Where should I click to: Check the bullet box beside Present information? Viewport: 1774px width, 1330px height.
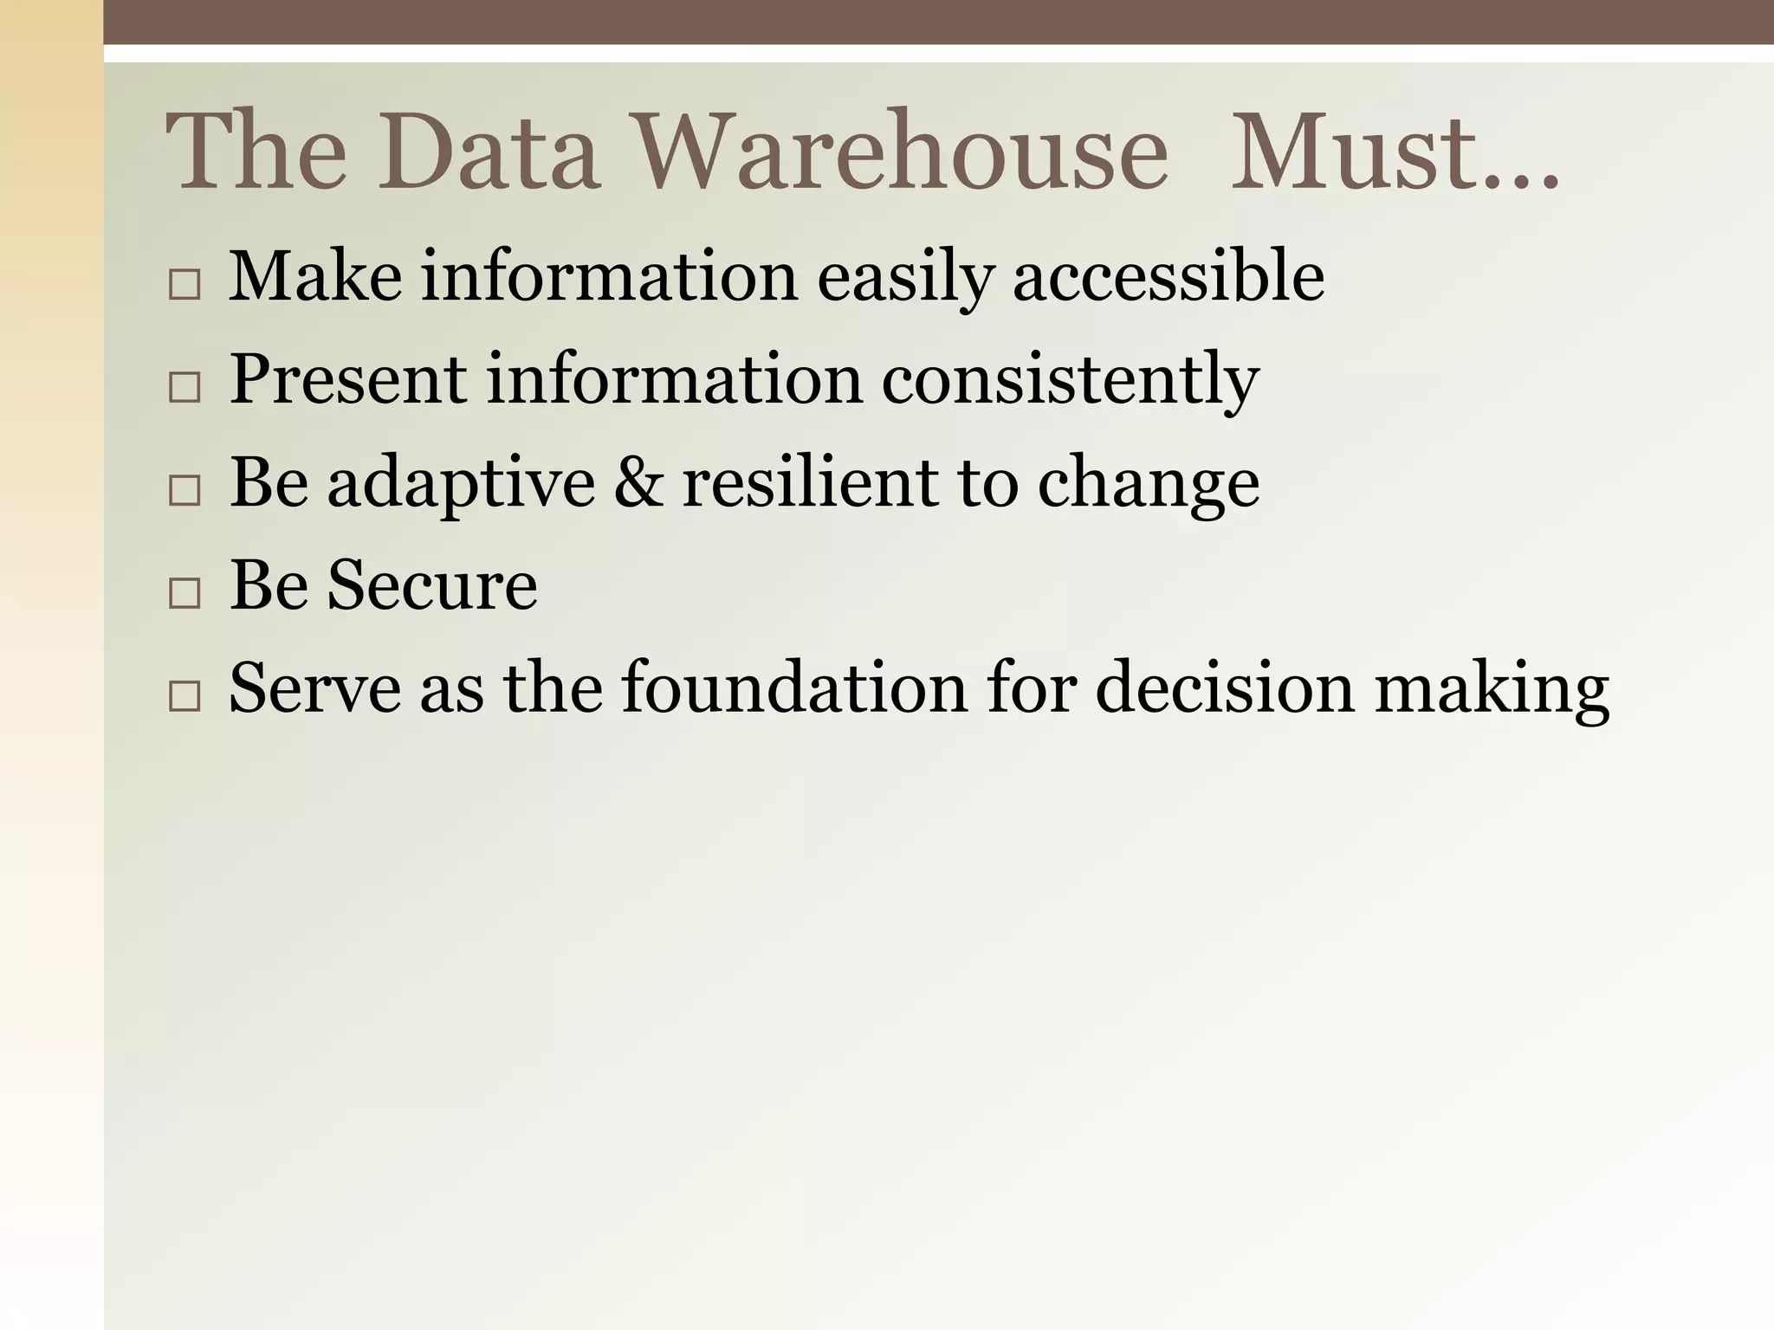[185, 387]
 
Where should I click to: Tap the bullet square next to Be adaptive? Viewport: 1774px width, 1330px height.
[185, 490]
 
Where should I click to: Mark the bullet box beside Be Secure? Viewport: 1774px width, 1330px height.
[185, 593]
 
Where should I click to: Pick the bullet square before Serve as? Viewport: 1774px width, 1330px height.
[185, 695]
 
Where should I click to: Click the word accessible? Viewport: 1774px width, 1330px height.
[1168, 276]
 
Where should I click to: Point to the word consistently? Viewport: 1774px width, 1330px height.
[1070, 380]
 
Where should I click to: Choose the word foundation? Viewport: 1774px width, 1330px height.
[793, 688]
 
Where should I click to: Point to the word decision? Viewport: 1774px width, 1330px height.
[1224, 688]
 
